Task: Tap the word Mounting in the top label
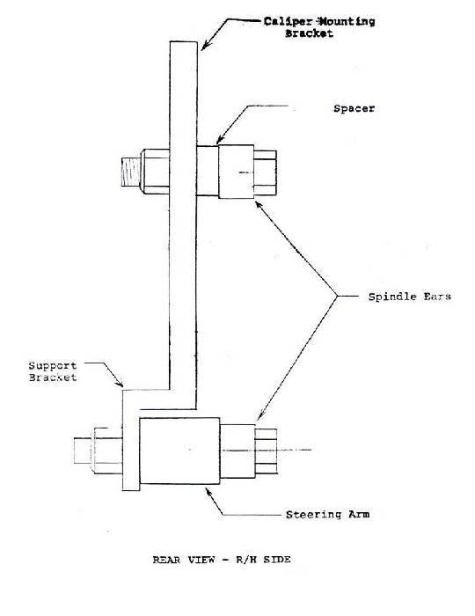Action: (x=347, y=21)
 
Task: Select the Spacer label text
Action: (x=354, y=108)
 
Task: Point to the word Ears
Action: (x=437, y=297)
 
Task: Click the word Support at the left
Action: (x=53, y=366)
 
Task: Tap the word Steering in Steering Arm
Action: (x=314, y=515)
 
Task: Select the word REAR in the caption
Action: (x=166, y=560)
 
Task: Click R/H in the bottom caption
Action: (x=245, y=560)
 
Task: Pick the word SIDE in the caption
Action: (x=277, y=560)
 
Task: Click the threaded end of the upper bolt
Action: (x=131, y=172)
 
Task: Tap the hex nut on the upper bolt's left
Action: (x=155, y=172)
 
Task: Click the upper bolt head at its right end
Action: (x=265, y=172)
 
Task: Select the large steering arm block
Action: (x=179, y=451)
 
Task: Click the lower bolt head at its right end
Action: (x=267, y=451)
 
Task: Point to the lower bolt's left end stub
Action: (x=83, y=451)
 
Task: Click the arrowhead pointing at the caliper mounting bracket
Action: (x=205, y=47)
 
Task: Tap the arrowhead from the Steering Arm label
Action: (x=208, y=491)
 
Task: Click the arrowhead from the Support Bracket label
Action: (x=120, y=383)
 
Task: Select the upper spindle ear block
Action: (x=236, y=172)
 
